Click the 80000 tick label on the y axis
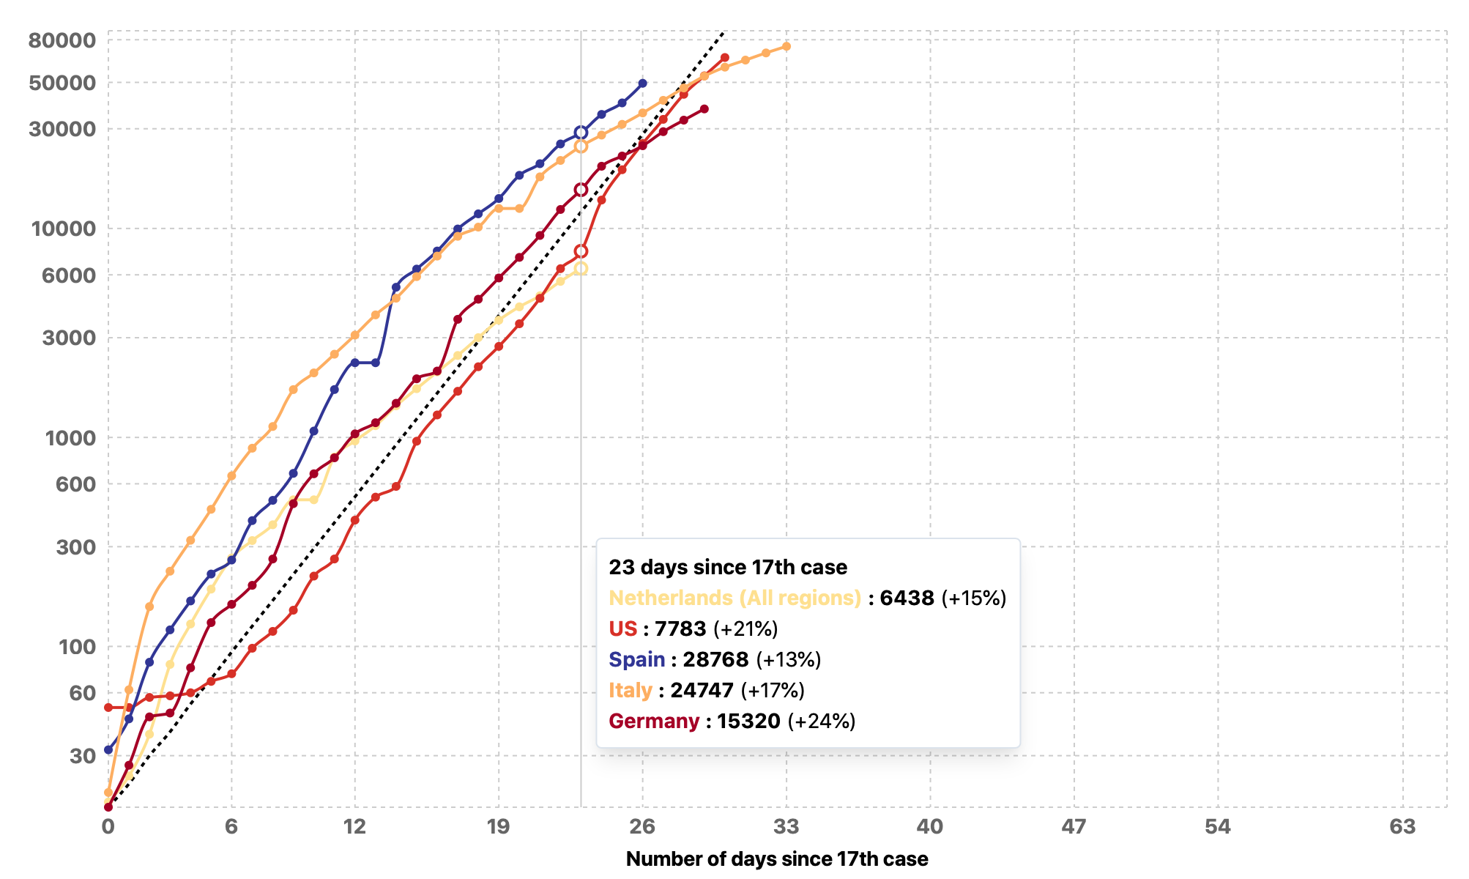click(62, 40)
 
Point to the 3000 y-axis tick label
click(68, 338)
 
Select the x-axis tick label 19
click(498, 827)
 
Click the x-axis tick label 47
click(1074, 827)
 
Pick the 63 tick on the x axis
click(1402, 827)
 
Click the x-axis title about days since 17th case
click(776, 859)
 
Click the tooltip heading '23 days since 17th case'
click(727, 567)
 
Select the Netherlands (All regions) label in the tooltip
click(734, 598)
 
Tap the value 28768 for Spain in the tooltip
click(715, 659)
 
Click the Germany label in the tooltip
click(653, 721)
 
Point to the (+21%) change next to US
click(745, 628)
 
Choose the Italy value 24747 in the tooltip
click(702, 690)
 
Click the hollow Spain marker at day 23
click(581, 133)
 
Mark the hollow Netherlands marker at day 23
click(581, 269)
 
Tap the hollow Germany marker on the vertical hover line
click(581, 190)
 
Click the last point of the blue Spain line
click(642, 84)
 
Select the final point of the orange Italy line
click(786, 47)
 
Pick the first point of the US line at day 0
click(108, 708)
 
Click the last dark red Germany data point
click(704, 109)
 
